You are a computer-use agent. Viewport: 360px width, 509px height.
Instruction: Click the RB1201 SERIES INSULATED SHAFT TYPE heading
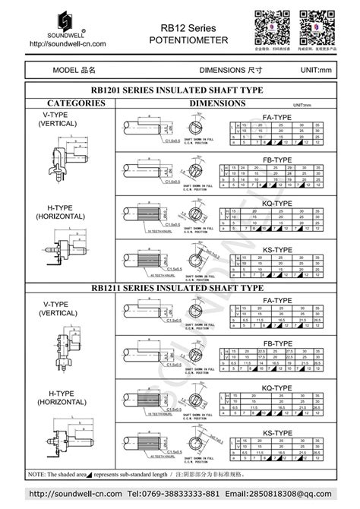click(180, 90)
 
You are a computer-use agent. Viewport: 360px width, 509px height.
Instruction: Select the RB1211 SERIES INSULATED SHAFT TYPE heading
click(180, 288)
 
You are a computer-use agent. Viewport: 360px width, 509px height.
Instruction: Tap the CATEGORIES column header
click(65, 103)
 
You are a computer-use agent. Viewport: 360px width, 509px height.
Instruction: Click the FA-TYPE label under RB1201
click(276, 118)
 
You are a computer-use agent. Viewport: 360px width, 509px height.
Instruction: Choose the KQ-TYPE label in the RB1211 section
click(276, 387)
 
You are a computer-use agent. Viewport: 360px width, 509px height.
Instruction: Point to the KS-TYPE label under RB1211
click(276, 432)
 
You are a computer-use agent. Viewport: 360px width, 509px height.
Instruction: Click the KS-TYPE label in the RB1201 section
click(276, 249)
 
